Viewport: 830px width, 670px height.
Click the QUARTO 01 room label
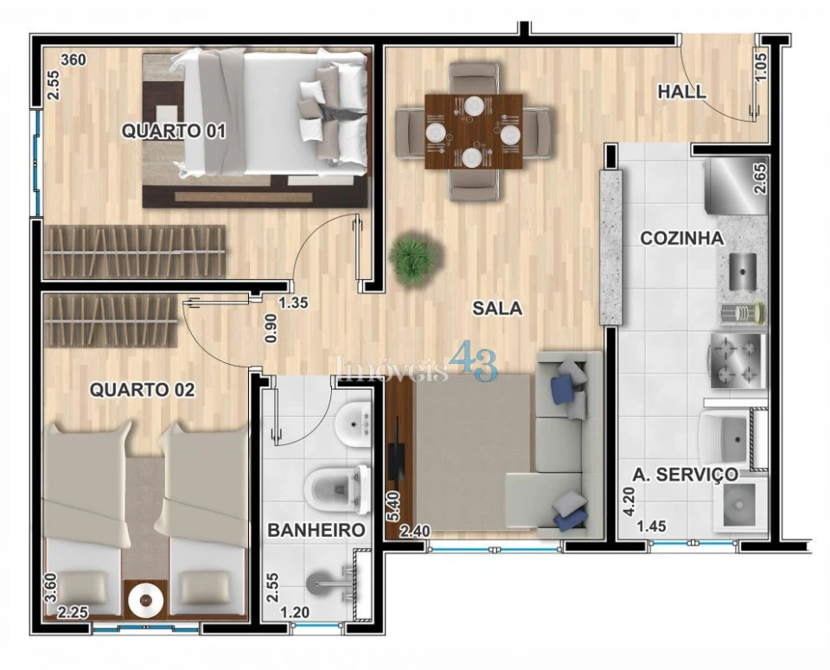(x=174, y=131)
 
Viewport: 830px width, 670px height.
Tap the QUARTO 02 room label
(x=143, y=390)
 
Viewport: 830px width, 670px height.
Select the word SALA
(x=498, y=308)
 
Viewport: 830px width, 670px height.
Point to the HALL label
(x=682, y=92)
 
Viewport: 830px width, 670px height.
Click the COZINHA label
(x=682, y=238)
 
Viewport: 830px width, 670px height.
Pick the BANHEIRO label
(x=316, y=530)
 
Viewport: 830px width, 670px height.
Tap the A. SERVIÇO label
(x=686, y=474)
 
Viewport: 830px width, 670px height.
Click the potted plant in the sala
(x=414, y=258)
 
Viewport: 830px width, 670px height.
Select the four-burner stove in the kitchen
(x=738, y=360)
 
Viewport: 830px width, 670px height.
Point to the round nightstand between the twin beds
(x=145, y=599)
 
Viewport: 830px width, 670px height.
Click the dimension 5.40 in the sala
(x=394, y=507)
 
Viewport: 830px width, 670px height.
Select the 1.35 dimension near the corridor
(x=294, y=303)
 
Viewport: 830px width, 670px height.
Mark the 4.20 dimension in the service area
(x=629, y=501)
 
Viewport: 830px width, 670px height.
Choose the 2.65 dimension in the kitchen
(x=760, y=179)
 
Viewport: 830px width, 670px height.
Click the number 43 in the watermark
(x=473, y=361)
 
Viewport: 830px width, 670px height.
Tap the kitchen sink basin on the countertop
(x=743, y=272)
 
